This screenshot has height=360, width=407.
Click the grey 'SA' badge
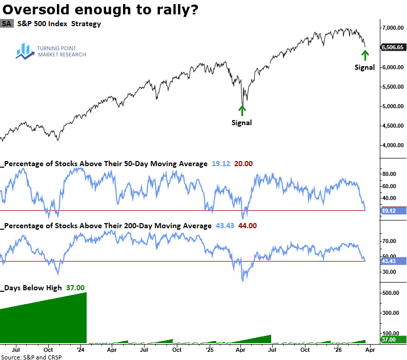coord(7,24)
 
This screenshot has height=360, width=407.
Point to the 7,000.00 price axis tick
coord(391,28)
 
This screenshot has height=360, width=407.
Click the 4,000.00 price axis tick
coord(391,146)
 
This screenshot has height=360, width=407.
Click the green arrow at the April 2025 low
coord(242,110)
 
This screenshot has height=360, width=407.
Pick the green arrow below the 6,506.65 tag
coord(364,54)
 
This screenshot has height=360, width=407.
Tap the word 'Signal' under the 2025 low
coord(242,123)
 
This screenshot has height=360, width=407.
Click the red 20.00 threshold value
coord(243,164)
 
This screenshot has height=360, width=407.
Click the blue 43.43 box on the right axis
coord(391,261)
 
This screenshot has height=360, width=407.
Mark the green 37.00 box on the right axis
coord(391,339)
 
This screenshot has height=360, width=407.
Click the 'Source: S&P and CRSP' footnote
coord(31,356)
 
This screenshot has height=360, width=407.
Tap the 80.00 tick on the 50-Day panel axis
coord(388,174)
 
